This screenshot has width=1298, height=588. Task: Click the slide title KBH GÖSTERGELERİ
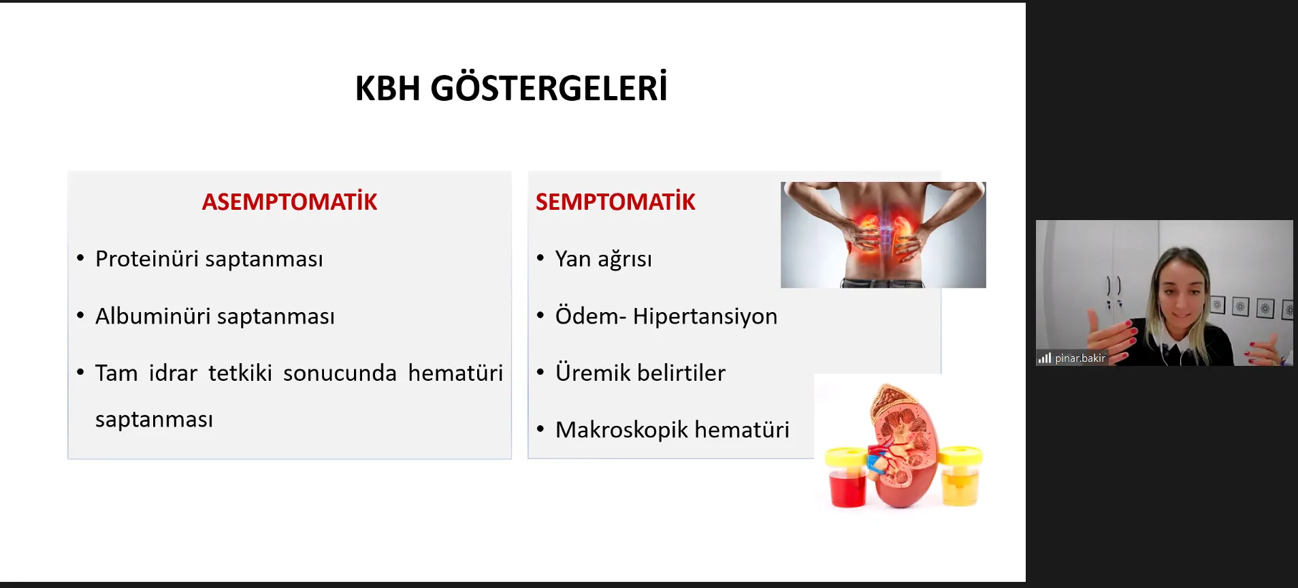pos(511,88)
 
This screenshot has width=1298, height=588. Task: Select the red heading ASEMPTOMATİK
pos(289,202)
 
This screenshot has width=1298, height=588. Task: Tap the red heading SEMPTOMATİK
pos(615,202)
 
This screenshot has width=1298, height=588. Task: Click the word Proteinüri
pos(147,259)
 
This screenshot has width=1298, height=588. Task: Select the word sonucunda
pos(340,373)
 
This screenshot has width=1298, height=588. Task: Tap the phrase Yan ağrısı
pos(604,260)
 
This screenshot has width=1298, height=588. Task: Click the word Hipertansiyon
pos(705,317)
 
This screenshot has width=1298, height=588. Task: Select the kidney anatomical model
pos(903,447)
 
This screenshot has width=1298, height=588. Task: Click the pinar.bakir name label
pos(1080,358)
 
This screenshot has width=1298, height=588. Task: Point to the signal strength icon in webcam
pos(1045,358)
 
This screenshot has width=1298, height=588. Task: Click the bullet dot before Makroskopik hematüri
pos(540,429)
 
